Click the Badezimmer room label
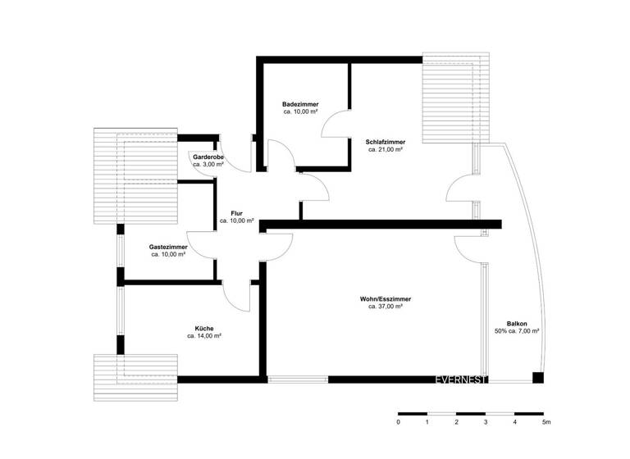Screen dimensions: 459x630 click(300, 104)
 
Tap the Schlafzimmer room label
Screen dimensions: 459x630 click(385, 141)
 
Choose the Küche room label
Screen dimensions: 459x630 click(204, 328)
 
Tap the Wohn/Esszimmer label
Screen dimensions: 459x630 click(385, 299)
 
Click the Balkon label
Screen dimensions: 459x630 click(517, 323)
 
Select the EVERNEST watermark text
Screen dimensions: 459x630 click(462, 379)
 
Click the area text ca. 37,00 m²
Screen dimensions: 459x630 click(385, 307)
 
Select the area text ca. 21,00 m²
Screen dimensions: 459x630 click(385, 149)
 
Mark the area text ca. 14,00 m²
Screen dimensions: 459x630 click(204, 336)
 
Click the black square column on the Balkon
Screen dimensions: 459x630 click(538, 378)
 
